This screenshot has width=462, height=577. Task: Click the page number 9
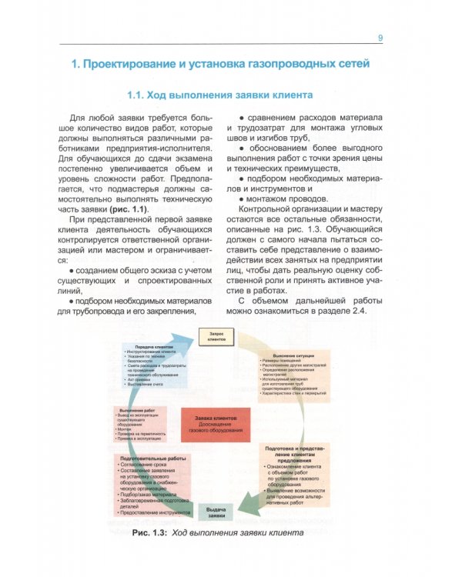coord(380,38)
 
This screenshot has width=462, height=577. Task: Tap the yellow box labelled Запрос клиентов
coord(216,335)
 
